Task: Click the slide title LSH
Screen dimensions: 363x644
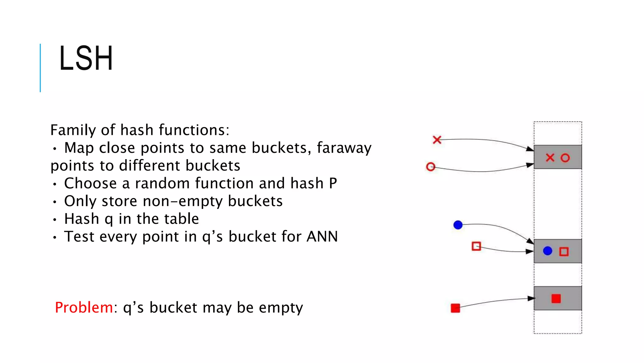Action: pyautogui.click(x=86, y=58)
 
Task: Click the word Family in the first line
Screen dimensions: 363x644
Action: pyautogui.click(x=73, y=130)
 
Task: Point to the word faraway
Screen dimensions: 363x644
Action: pyautogui.click(x=344, y=148)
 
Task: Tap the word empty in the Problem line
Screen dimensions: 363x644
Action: pyautogui.click(x=281, y=308)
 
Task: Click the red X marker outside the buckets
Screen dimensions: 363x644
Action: pyautogui.click(x=437, y=140)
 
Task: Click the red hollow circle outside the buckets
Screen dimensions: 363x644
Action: pyautogui.click(x=430, y=166)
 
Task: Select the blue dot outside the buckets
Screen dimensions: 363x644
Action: pyautogui.click(x=458, y=225)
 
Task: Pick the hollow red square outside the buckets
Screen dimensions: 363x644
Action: pyautogui.click(x=476, y=246)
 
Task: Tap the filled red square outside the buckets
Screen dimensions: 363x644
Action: pyautogui.click(x=455, y=308)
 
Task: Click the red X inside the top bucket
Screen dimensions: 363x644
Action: pyautogui.click(x=550, y=158)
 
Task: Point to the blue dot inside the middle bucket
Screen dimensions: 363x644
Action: pyautogui.click(x=547, y=251)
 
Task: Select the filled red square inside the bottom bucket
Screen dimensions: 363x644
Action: pyautogui.click(x=556, y=298)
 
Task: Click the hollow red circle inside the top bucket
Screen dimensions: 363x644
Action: pyautogui.click(x=565, y=158)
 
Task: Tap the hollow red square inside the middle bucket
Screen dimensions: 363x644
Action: pyautogui.click(x=564, y=251)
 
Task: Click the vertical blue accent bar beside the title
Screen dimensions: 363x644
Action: pyautogui.click(x=40, y=68)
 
